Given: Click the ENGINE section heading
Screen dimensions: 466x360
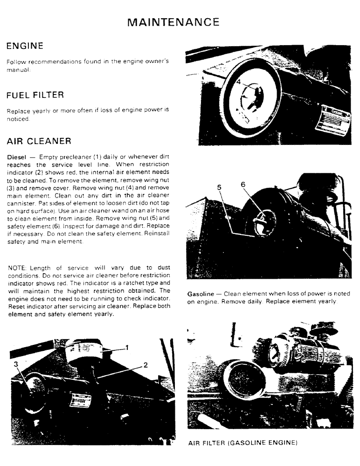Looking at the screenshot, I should [24, 46].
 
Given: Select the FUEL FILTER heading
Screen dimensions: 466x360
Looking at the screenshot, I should [35, 95].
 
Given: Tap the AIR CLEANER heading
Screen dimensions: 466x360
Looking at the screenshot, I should [38, 141].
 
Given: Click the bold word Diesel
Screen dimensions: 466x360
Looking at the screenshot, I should [18, 158].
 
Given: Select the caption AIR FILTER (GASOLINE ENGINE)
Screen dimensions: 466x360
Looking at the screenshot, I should [242, 443].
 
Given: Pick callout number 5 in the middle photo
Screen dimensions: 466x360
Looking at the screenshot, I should [219, 187].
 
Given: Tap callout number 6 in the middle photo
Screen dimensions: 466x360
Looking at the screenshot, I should [242, 185].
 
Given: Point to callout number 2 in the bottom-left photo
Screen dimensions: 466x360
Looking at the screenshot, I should [145, 365].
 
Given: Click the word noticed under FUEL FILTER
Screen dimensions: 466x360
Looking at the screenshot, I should [18, 119].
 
